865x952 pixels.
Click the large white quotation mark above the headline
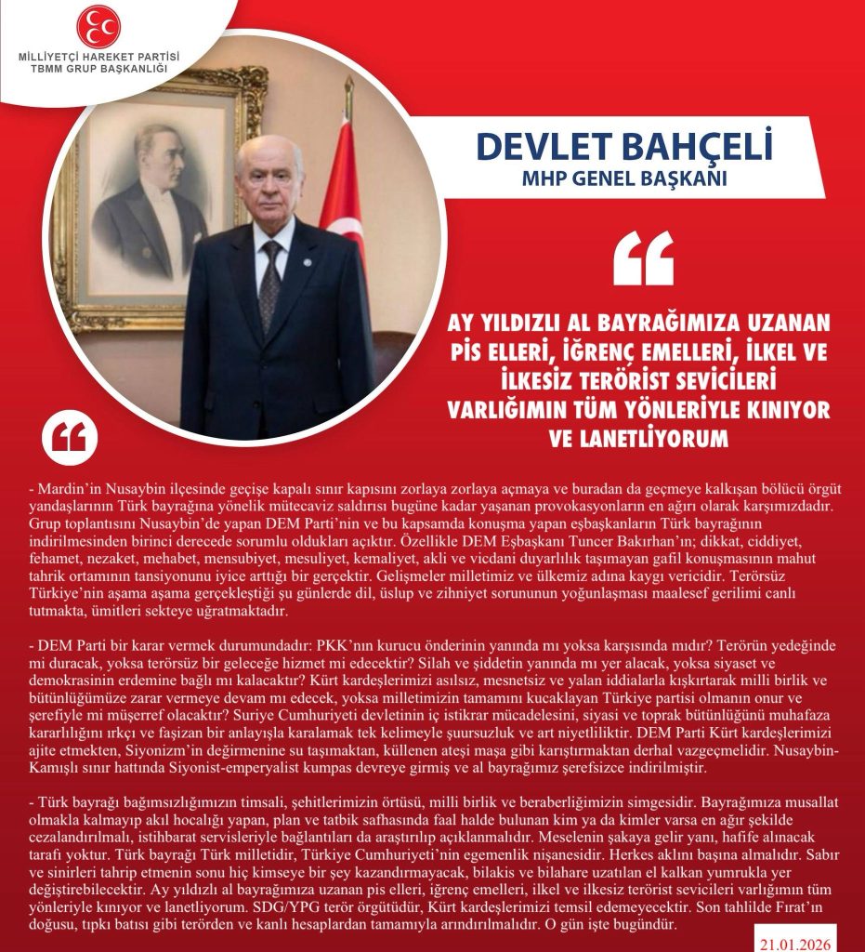tap(643, 258)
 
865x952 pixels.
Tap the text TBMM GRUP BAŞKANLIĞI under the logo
tap(98, 69)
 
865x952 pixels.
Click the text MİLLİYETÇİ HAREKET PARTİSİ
tap(98, 57)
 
